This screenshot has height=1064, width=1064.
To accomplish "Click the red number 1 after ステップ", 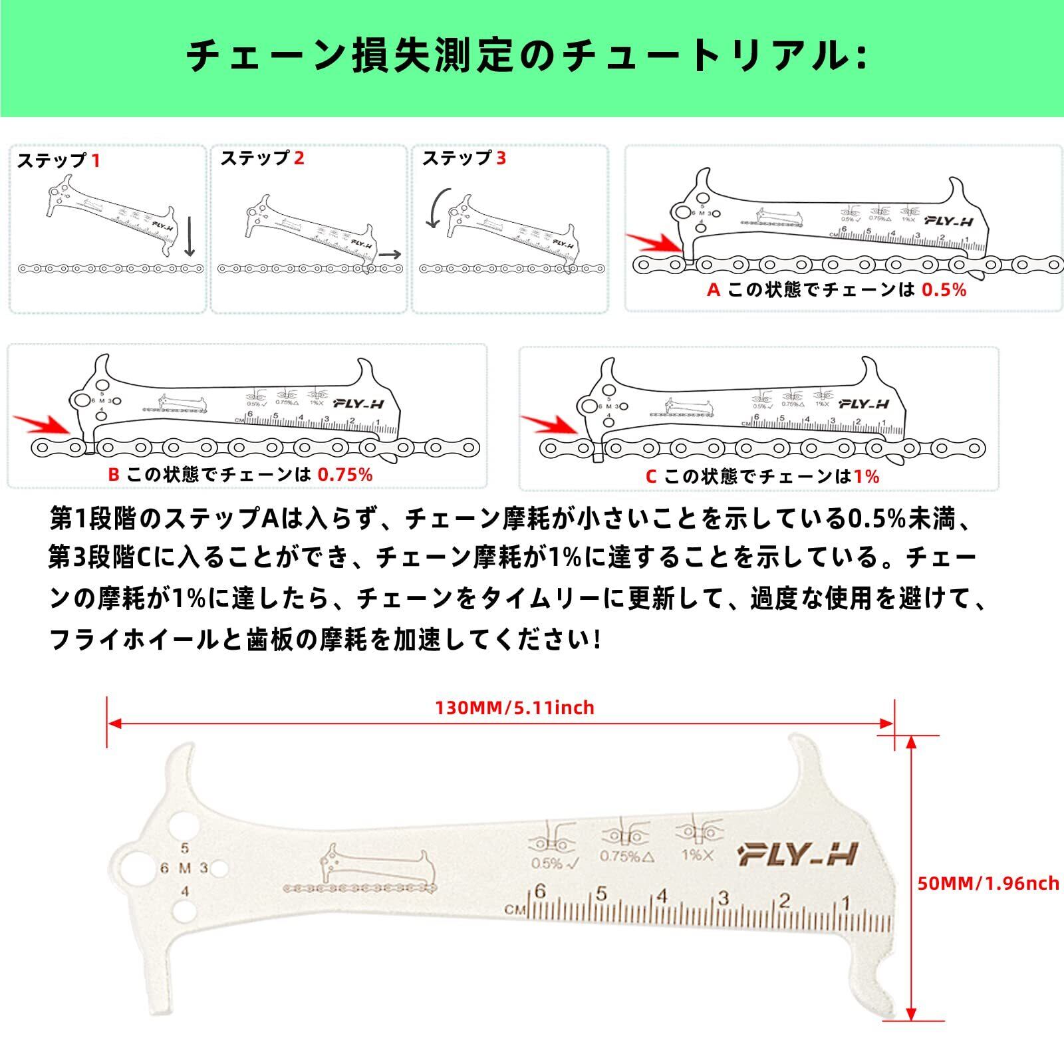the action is pyautogui.click(x=96, y=161).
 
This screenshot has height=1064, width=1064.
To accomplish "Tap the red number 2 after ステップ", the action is pyautogui.click(x=299, y=158).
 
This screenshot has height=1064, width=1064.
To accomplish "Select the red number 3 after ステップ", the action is pyautogui.click(x=501, y=158).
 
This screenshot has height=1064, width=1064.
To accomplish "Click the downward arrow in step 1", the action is pyautogui.click(x=190, y=236).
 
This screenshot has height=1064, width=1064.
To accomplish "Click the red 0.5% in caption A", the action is pyautogui.click(x=944, y=290).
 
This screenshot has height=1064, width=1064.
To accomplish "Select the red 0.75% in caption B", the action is pyautogui.click(x=345, y=474).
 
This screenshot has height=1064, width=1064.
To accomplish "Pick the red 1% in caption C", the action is pyautogui.click(x=867, y=476).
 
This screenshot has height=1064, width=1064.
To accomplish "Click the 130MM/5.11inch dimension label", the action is pyautogui.click(x=515, y=708).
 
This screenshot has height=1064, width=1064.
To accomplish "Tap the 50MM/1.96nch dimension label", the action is pyautogui.click(x=988, y=883).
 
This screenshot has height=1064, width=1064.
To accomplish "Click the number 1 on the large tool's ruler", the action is pyautogui.click(x=846, y=903).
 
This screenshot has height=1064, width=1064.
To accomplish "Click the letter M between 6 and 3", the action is pyautogui.click(x=185, y=868).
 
